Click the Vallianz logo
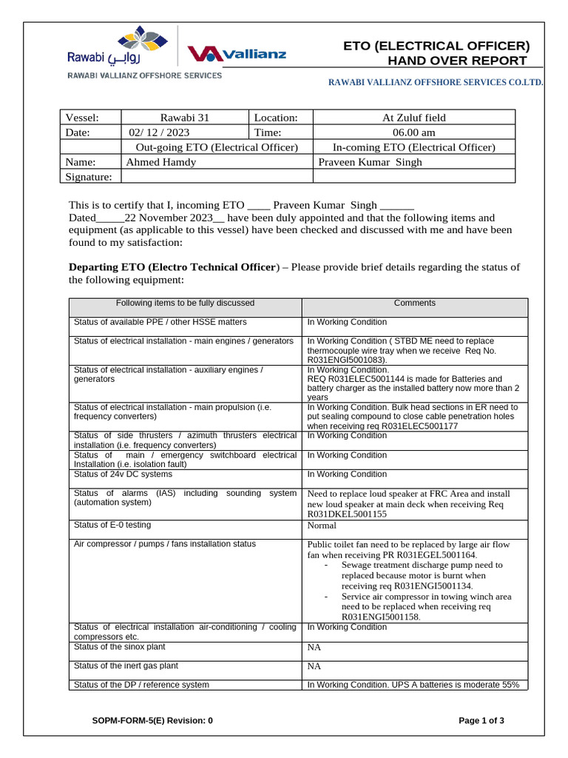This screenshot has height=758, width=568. coord(237,53)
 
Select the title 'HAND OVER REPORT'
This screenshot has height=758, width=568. coord(437,61)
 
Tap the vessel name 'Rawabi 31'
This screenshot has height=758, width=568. coord(185,118)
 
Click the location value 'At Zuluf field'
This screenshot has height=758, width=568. coord(413,118)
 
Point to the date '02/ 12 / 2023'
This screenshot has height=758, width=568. coord(159,133)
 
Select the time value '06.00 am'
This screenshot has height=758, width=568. coord(413,133)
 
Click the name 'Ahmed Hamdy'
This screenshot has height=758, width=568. coord(161,162)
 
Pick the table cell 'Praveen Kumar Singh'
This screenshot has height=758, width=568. coord(370,162)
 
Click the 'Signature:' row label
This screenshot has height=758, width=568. coord(89,177)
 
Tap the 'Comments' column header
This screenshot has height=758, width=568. coord(414,303)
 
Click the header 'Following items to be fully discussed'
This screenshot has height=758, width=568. coord(185,303)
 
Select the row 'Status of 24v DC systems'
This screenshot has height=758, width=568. coord(123,474)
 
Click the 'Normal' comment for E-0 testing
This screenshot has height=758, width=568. coord(322,526)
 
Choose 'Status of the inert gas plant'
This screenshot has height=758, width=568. coord(126,666)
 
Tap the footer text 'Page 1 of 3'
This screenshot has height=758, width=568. coord(481,720)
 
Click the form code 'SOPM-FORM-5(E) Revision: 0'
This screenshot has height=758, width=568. coord(152,720)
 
